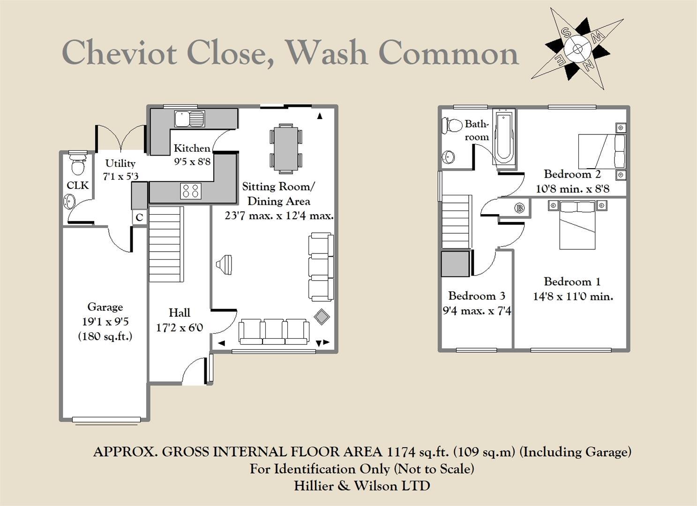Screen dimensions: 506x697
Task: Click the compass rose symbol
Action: tap(577, 48)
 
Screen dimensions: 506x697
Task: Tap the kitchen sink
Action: tap(189, 118)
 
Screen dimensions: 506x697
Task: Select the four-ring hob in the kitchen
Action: tap(191, 191)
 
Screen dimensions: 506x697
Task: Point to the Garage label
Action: tap(105, 307)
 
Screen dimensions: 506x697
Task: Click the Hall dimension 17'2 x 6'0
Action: tap(179, 327)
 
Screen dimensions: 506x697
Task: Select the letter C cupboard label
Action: tap(139, 218)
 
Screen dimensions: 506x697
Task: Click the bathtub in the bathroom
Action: tap(503, 137)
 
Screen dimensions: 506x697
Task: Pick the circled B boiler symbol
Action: tap(519, 208)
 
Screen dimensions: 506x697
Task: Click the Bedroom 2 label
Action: tap(572, 174)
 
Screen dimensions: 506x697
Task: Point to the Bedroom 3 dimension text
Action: tap(477, 311)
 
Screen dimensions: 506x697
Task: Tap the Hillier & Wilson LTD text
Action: tap(362, 486)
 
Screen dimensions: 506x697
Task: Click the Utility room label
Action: tap(120, 163)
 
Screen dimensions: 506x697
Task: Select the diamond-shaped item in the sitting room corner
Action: tap(322, 317)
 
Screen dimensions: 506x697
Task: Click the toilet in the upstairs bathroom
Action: tap(452, 125)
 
